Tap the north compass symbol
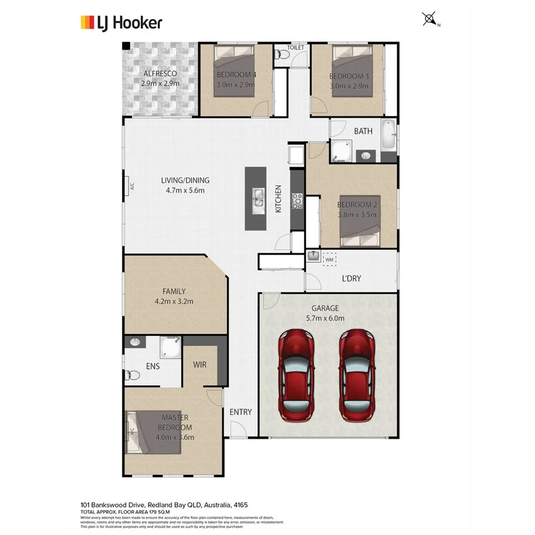[429, 20]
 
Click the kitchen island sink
[259, 198]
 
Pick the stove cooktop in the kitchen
[297, 202]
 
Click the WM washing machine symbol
[329, 259]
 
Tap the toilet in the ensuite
[133, 375]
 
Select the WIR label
[200, 364]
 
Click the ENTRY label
[240, 412]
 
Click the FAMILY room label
[174, 291]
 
